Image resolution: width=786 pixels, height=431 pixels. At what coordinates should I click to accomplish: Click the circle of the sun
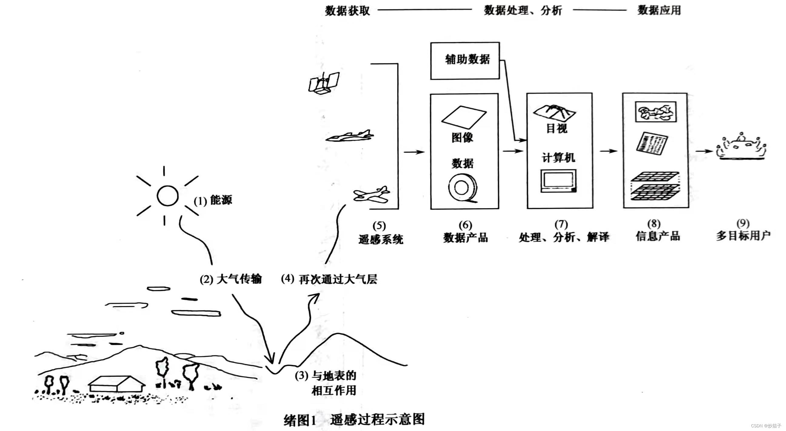168,196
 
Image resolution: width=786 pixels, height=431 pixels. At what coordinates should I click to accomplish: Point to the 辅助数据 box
465,61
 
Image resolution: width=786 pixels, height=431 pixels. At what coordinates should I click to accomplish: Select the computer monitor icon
558,181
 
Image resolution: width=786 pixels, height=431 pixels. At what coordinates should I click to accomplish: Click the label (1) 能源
213,200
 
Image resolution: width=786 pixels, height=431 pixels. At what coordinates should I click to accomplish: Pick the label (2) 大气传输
231,279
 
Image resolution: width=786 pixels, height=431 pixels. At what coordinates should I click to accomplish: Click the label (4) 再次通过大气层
329,279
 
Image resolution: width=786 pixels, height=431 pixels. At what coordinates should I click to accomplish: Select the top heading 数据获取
347,11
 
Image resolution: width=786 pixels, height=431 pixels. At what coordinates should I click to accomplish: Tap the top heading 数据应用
659,10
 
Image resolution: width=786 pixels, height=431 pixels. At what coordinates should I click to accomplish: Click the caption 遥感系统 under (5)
380,239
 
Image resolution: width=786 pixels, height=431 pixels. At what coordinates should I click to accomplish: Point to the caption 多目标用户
743,235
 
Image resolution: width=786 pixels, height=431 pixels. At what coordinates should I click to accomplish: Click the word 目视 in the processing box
557,128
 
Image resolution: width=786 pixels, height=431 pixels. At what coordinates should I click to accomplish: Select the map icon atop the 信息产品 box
655,112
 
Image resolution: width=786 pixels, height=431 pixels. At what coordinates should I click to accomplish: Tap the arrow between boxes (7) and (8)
608,151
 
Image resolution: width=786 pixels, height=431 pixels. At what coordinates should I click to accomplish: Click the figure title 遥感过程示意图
377,419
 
